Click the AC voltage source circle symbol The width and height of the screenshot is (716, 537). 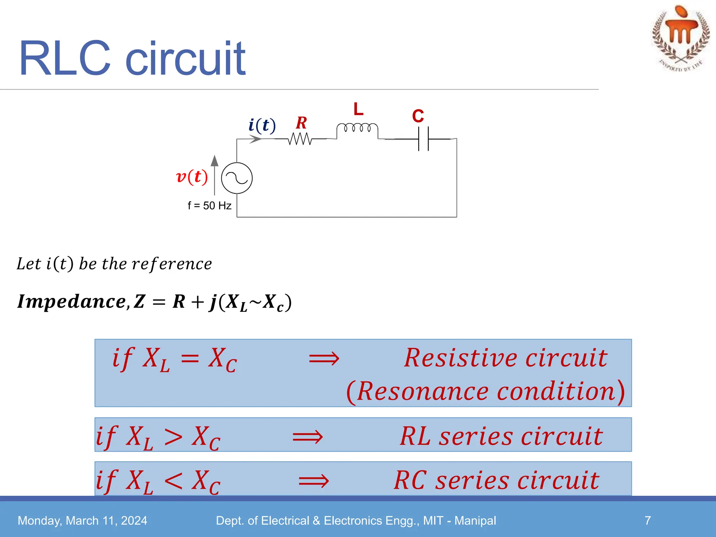(x=237, y=178)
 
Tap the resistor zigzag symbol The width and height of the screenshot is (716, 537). (x=300, y=139)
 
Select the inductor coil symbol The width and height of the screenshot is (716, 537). (x=357, y=128)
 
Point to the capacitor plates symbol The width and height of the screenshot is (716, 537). (x=423, y=139)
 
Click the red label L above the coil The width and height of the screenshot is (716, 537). (x=358, y=109)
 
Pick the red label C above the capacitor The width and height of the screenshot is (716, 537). (x=418, y=116)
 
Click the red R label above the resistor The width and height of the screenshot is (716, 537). (x=301, y=123)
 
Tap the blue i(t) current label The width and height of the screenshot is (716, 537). (x=262, y=125)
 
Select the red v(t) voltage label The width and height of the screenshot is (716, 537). (x=192, y=177)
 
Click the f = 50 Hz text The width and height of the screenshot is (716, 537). (x=209, y=206)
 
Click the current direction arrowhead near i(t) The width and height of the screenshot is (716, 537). (x=256, y=139)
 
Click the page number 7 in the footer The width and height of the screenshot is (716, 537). (x=648, y=521)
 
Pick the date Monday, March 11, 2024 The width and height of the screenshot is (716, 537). (x=83, y=521)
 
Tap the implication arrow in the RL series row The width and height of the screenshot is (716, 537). (x=308, y=437)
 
